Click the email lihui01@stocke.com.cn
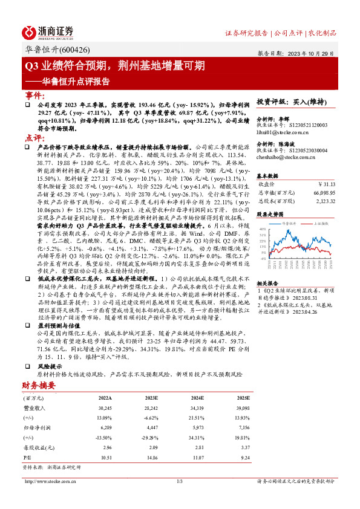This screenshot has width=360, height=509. click(x=283, y=131)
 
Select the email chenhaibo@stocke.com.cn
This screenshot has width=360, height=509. click(x=287, y=157)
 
